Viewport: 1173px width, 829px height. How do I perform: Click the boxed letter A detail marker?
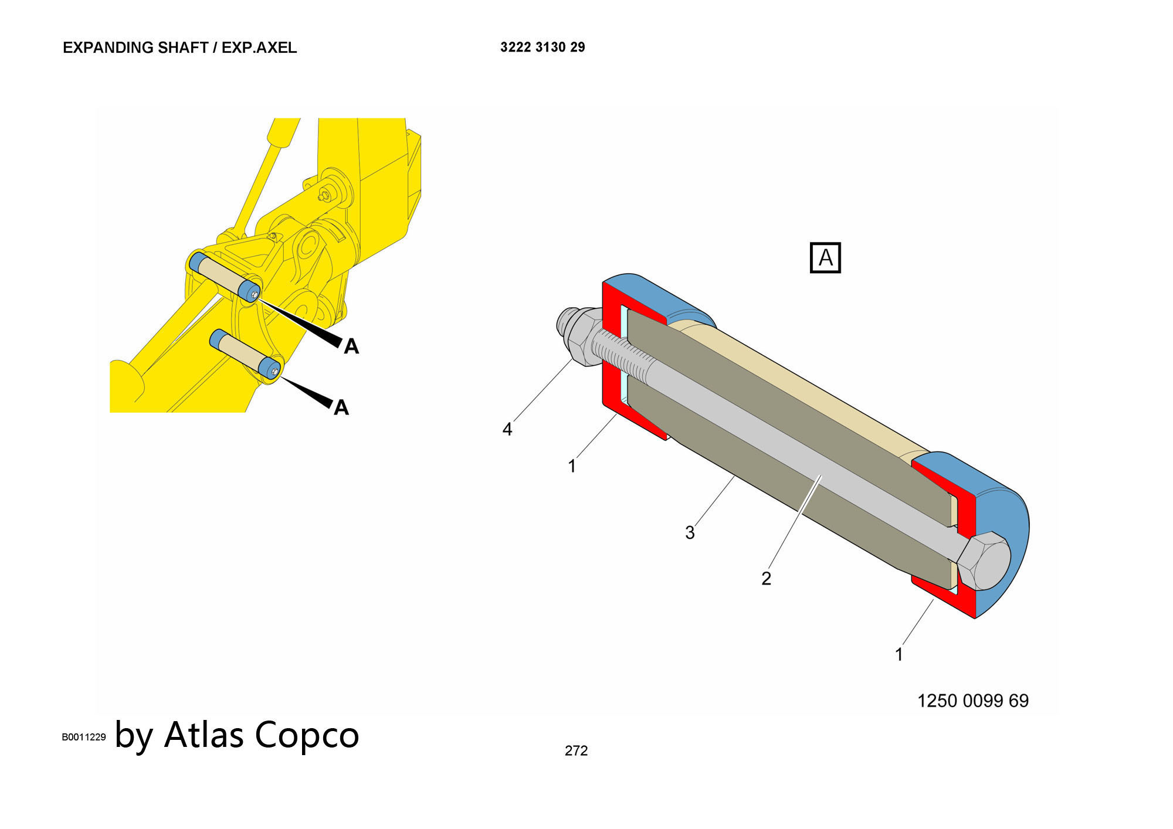pos(825,258)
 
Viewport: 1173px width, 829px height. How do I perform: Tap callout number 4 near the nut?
pos(507,430)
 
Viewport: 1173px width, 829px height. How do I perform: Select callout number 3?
pos(690,533)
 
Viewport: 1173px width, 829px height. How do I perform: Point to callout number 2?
pos(766,579)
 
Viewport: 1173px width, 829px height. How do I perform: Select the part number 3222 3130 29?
pos(543,47)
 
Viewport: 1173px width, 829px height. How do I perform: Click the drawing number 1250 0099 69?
pos(972,701)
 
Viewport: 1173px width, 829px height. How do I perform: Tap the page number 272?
pos(576,751)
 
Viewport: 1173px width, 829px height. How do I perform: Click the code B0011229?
pos(84,738)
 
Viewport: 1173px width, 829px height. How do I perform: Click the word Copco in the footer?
pos(307,735)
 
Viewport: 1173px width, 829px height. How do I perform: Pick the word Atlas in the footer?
pos(204,735)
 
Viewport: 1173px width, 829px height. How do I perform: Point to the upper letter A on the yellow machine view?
pos(351,346)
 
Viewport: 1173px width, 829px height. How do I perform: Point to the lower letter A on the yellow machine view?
pos(341,407)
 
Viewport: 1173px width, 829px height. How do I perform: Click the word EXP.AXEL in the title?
pos(259,47)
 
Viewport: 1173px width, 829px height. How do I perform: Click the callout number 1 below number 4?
pos(572,467)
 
